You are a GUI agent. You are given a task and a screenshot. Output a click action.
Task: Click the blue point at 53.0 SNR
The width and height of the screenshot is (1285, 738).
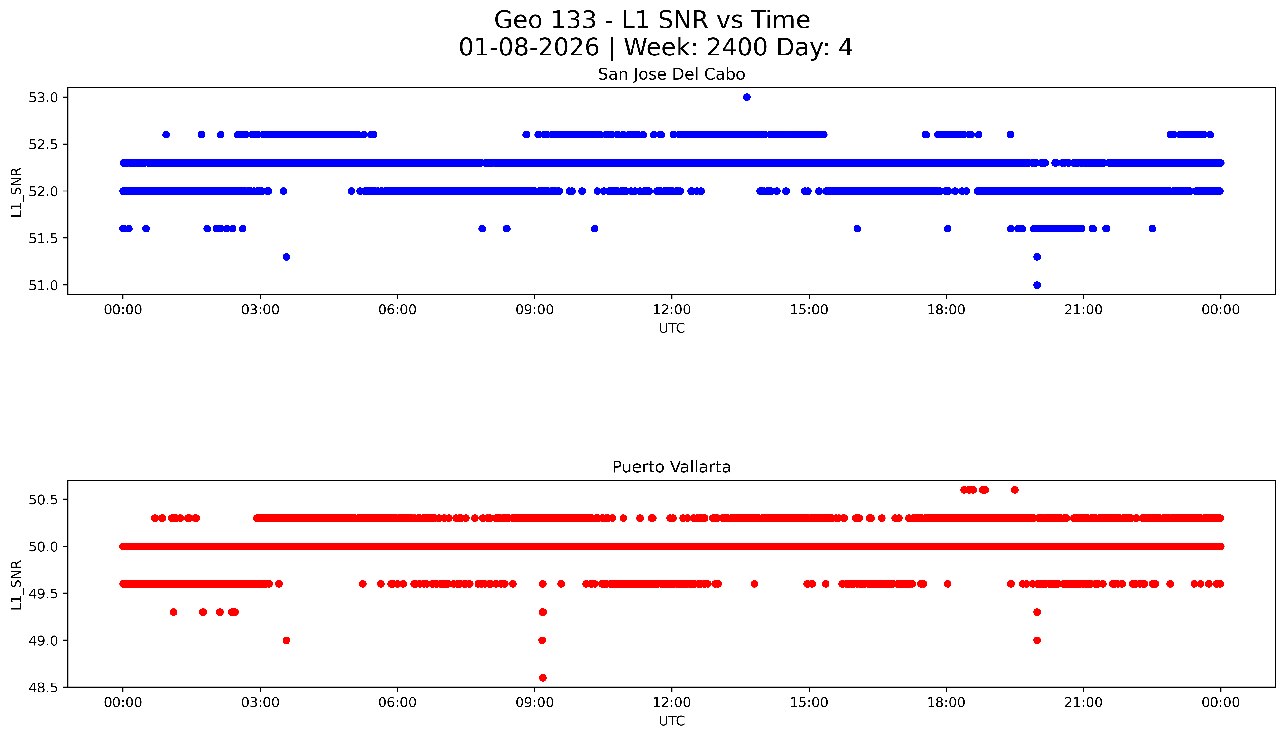[746, 97]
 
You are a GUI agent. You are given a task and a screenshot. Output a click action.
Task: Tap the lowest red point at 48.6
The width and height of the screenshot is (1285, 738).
[543, 678]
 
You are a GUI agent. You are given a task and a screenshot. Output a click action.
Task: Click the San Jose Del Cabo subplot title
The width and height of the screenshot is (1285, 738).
[671, 74]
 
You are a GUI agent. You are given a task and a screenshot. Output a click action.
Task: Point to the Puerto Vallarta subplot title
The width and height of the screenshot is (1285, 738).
[671, 467]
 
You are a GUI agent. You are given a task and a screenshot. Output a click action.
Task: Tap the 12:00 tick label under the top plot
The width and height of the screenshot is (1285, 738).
[672, 310]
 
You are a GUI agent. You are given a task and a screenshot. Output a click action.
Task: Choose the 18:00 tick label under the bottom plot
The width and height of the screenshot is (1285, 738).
[946, 702]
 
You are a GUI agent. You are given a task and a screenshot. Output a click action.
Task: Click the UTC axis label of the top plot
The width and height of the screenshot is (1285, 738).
[671, 328]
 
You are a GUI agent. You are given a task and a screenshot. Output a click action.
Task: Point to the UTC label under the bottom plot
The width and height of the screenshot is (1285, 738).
[671, 721]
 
